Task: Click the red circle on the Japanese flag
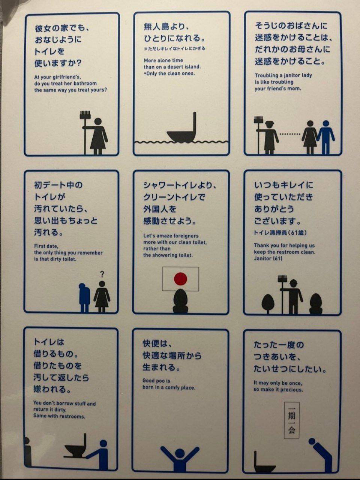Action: [x=180, y=279]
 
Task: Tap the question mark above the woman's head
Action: [x=102, y=274]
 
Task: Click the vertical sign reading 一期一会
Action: [x=292, y=420]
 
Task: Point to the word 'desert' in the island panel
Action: [x=175, y=67]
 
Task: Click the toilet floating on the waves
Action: [x=183, y=130]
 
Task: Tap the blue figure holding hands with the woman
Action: [x=326, y=137]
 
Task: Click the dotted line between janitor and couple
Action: [x=290, y=134]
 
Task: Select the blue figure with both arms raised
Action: [x=180, y=458]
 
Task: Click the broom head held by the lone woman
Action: [x=85, y=115]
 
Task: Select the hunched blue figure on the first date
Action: [x=84, y=298]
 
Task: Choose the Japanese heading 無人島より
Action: [x=166, y=27]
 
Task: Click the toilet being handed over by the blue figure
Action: [x=75, y=446]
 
